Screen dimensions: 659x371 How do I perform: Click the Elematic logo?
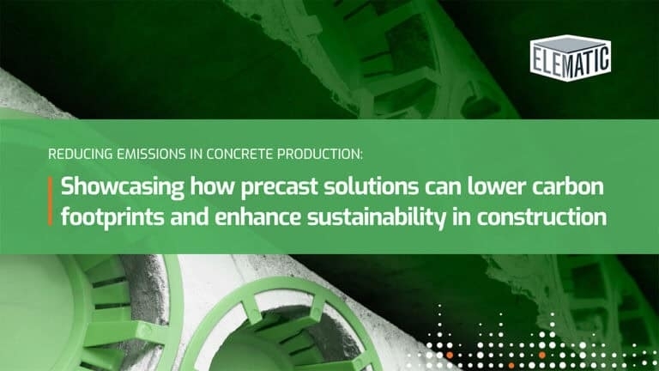tap(571, 58)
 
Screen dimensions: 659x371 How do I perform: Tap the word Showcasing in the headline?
tap(123, 186)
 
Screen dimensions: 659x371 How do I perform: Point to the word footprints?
tap(112, 217)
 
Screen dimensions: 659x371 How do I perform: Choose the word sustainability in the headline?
tap(376, 217)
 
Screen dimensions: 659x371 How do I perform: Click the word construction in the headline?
tap(541, 217)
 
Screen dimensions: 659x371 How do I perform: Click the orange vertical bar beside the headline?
tap(51, 201)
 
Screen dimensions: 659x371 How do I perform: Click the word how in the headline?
tap(212, 186)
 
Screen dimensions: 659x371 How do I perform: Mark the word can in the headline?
tap(443, 187)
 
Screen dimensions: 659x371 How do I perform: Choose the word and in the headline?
tap(189, 217)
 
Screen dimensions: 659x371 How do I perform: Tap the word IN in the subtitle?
tap(196, 155)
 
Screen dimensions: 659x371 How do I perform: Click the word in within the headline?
tap(461, 217)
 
